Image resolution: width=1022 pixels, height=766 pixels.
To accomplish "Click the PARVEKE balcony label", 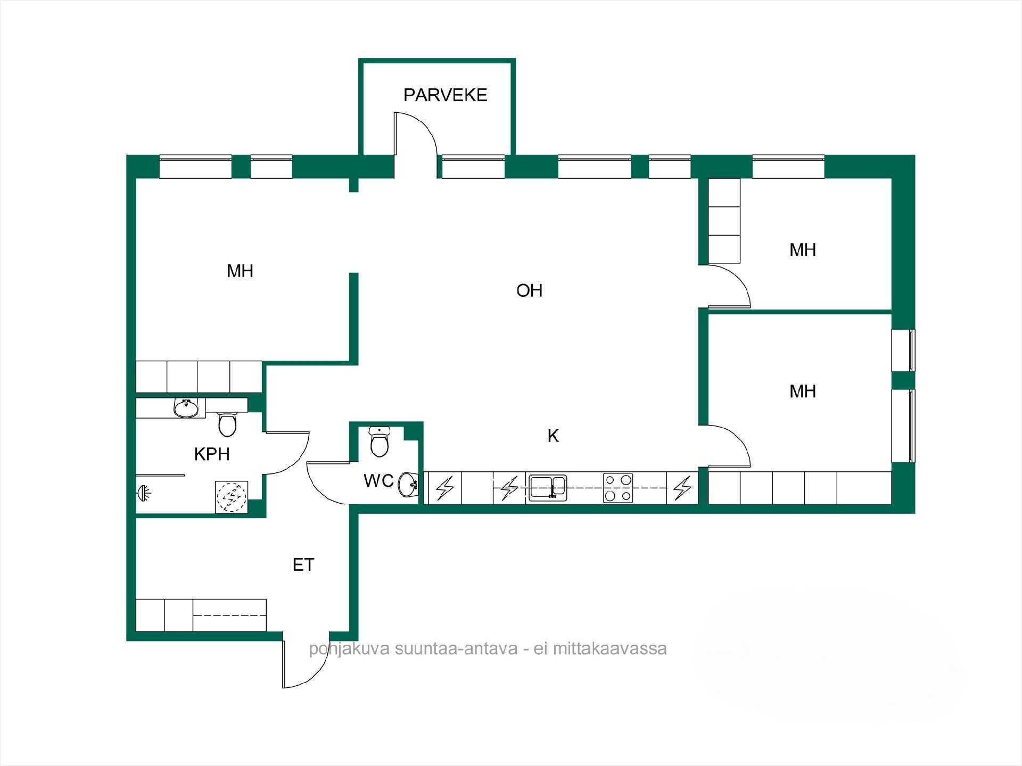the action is (445, 95).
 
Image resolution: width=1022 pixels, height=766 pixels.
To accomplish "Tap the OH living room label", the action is (530, 290).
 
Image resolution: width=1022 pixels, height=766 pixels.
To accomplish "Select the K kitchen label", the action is (554, 436).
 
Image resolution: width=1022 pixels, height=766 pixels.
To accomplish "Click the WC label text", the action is (378, 481).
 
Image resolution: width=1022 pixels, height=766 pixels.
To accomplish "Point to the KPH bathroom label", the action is (212, 454).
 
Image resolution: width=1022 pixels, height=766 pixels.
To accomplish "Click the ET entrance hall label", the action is (303, 565).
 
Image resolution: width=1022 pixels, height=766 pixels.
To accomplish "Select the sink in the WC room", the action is (409, 484).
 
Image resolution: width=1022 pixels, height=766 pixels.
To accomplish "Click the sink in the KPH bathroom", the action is (186, 408).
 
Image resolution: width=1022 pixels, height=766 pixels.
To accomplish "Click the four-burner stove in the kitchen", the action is (618, 488).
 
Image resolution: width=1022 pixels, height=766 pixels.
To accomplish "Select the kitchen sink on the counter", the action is (548, 488).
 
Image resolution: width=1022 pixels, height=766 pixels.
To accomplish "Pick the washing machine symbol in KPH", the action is (232, 497).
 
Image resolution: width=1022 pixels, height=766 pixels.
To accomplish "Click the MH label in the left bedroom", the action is (240, 271).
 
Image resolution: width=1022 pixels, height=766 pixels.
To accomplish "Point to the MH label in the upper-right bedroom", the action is (803, 250).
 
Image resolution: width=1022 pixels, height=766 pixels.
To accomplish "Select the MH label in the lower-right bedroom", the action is (803, 392).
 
